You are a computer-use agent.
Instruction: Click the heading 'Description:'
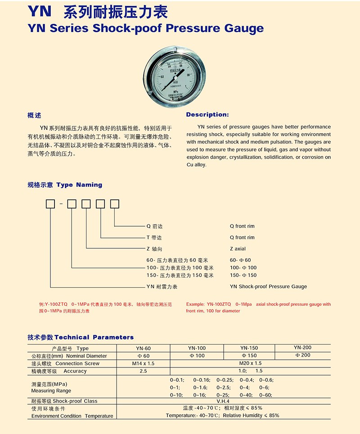pos(207,115)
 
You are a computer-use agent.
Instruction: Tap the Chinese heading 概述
pos(34,116)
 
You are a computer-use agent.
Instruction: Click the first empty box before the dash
pos(50,204)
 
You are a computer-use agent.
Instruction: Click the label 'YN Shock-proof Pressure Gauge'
pos(268,286)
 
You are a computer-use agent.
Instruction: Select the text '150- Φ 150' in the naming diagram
pos(243,275)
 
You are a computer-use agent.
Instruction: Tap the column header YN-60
pos(143,349)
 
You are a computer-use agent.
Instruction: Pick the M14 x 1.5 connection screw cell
pos(143,363)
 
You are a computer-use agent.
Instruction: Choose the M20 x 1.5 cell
pos(250,363)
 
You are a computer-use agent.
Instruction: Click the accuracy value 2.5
pos(143,371)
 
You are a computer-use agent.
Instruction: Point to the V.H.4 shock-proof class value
pos(223,401)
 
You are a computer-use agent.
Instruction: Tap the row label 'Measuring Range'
pos(45,391)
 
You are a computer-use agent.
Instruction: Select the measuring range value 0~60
pos(266,395)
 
